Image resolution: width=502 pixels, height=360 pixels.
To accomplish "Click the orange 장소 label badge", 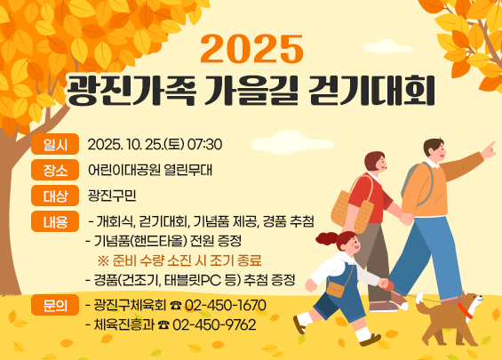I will (x=49, y=170).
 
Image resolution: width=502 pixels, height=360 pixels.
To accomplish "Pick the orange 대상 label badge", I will (x=49, y=196).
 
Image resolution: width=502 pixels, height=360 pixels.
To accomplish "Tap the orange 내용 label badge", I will (x=49, y=221).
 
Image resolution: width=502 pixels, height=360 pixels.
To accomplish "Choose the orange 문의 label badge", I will (x=49, y=306).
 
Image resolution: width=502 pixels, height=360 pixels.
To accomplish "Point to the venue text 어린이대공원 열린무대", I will (x=150, y=170).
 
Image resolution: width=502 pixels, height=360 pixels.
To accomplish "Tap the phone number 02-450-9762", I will (x=215, y=325).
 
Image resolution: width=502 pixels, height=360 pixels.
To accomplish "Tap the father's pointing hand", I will (x=487, y=148).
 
